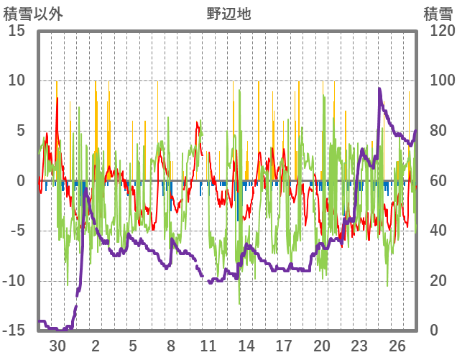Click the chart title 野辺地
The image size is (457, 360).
tap(228, 13)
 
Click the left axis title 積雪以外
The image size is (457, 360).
tap(33, 13)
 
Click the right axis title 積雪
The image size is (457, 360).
tap(438, 13)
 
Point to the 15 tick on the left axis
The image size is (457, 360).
tap(17, 31)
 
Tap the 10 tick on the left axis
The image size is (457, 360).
tap(17, 80)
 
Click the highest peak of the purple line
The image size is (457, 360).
tap(379, 88)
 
